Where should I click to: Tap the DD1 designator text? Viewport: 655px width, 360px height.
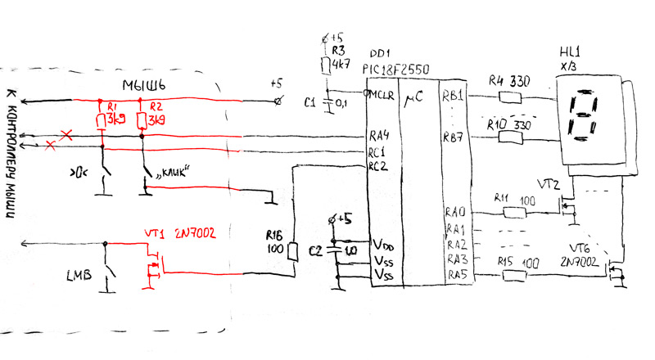pos(379,55)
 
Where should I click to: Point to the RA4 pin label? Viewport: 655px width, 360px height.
pos(378,136)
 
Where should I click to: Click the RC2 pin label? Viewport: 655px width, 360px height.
pos(377,167)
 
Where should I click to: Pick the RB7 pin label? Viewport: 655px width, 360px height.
pos(454,137)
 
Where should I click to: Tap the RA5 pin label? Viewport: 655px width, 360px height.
pos(455,276)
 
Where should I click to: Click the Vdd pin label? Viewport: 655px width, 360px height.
pos(383,244)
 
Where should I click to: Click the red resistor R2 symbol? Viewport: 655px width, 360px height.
pos(142,122)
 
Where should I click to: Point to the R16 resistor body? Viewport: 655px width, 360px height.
pos(292,254)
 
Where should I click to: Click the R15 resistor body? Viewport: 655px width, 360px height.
pos(513,277)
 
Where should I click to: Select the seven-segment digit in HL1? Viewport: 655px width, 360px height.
pos(582,115)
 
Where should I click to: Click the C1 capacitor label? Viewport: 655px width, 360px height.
pos(309,102)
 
